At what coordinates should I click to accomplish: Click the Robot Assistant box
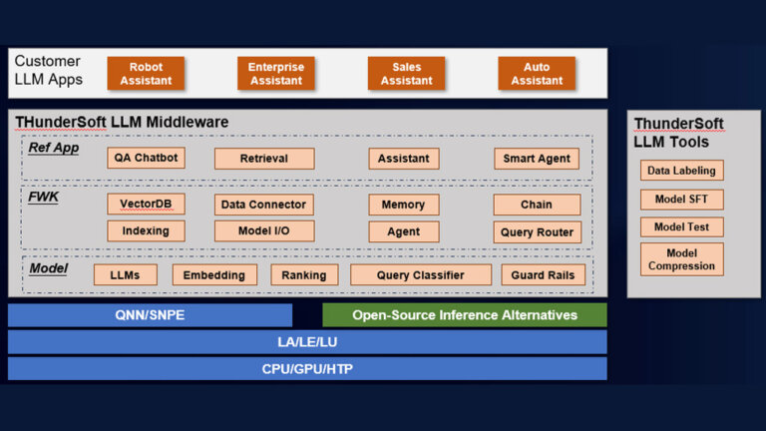point(146,74)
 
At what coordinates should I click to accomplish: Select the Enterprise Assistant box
point(276,74)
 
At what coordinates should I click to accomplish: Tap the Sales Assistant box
point(406,74)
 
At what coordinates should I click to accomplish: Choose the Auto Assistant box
point(537,74)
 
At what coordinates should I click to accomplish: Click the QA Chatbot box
point(146,158)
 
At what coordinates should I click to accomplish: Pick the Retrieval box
point(264,159)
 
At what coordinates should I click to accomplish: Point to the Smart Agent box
point(537,158)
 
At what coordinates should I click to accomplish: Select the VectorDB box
point(146,204)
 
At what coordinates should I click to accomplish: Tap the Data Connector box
point(264,205)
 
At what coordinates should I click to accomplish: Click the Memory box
point(403,205)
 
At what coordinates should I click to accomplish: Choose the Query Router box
point(537,231)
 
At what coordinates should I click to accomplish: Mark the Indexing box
point(146,230)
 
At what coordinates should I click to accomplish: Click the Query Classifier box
point(420,275)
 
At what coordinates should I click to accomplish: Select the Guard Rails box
point(543,275)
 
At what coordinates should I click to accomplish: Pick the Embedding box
point(214,275)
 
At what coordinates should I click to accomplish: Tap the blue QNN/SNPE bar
point(150,315)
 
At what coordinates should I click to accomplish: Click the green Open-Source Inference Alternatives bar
point(464,315)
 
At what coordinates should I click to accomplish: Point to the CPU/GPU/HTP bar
point(307,369)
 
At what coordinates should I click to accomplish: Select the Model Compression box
point(682,259)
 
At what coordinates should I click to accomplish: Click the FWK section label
point(43,197)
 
